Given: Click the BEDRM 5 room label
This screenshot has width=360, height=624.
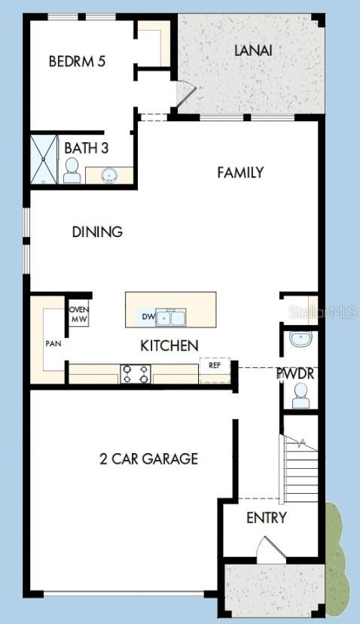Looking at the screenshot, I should pos(76,62).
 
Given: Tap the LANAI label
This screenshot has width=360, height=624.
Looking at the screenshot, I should pos(252,50).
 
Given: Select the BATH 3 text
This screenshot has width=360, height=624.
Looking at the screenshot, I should pos(91,148).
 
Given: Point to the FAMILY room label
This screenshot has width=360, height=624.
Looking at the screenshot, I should pos(240,172).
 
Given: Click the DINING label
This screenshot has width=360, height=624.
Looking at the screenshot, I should pos(97,232).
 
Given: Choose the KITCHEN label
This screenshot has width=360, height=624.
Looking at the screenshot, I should pos(169,345).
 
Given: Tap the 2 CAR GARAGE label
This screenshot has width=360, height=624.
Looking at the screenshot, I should pos(148,458).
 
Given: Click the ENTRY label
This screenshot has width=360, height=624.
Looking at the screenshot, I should pos(267,518).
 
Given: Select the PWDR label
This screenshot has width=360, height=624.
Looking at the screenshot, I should pos(294,373).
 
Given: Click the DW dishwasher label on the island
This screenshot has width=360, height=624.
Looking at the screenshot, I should pos(148,317).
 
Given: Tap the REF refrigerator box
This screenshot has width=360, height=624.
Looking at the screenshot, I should pos(215,366).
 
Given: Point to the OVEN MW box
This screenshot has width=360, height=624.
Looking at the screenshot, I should pos(79,314).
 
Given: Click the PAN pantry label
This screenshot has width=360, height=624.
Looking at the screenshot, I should pos(53,343).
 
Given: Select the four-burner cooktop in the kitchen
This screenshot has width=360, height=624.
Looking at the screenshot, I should pos(136,373).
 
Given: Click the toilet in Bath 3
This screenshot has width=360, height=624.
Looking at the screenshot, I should pos(72,172).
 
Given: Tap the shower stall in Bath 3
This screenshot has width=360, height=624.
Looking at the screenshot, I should pos(44,159).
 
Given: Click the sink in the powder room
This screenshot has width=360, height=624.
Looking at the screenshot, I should pos(300,339).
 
